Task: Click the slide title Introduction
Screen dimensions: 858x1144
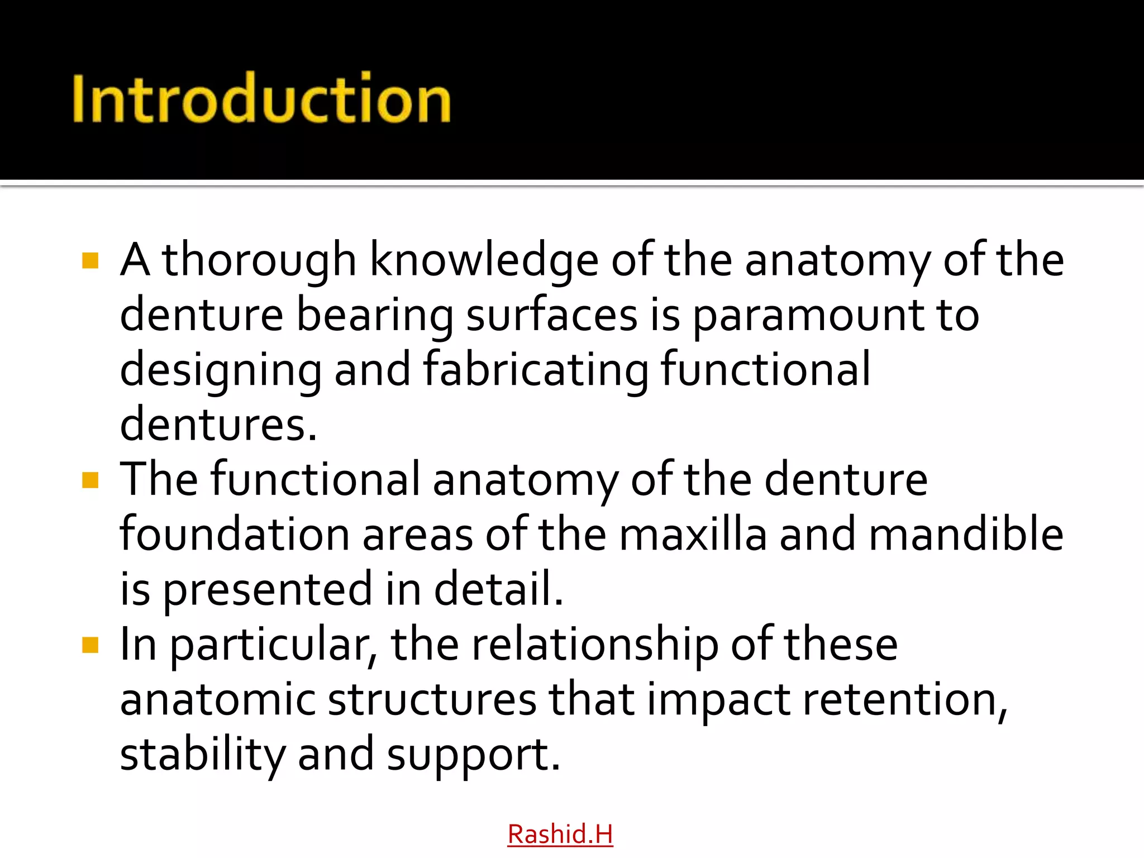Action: click(x=261, y=98)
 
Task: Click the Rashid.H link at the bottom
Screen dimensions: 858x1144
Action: click(x=560, y=834)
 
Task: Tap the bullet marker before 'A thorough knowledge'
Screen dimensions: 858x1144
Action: click(x=90, y=261)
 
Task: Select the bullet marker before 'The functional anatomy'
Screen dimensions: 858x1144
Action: click(x=90, y=480)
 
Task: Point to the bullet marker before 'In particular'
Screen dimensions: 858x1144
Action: click(x=90, y=645)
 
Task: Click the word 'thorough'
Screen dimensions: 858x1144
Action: click(x=259, y=260)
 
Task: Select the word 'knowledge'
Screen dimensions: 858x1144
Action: click(x=484, y=261)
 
